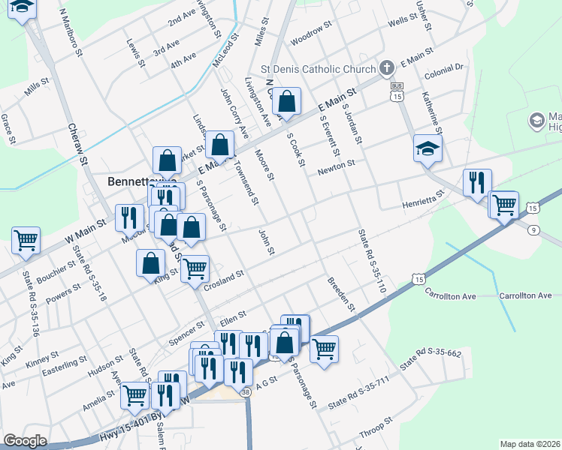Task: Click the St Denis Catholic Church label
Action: click(318, 70)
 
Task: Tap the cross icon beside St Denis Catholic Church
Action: click(386, 69)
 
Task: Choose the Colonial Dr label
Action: click(444, 67)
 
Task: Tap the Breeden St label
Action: click(340, 294)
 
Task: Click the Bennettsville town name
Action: click(142, 181)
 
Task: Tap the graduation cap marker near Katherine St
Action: click(427, 148)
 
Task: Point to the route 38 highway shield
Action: click(246, 391)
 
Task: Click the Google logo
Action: click(25, 441)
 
